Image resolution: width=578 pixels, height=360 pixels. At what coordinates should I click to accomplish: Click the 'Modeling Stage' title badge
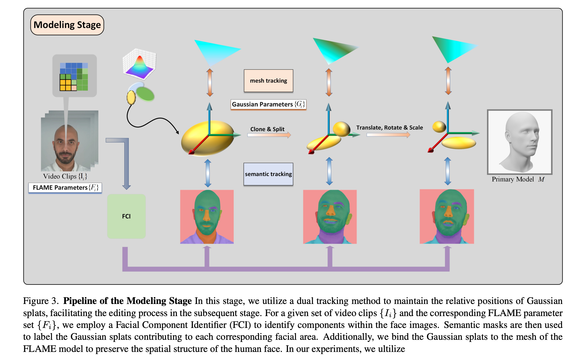[x=67, y=25]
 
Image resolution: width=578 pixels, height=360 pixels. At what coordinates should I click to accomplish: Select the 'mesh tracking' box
[x=268, y=81]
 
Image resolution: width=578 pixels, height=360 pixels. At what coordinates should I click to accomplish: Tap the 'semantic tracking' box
[x=268, y=174]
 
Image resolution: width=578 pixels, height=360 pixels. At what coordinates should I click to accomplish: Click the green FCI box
[x=126, y=216]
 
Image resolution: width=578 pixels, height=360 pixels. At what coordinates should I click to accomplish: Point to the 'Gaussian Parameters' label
[x=268, y=104]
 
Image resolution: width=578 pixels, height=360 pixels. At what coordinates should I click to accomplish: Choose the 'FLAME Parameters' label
[x=65, y=188]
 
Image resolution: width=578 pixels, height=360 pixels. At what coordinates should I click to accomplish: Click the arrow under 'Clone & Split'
[x=269, y=135]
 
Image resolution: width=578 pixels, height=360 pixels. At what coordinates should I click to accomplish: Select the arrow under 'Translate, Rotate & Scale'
[x=388, y=134]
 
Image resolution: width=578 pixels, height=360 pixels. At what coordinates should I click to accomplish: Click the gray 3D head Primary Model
[x=520, y=142]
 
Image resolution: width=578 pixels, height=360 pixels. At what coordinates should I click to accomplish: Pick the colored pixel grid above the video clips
[x=74, y=77]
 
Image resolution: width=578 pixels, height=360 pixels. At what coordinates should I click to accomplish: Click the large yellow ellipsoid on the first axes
[x=207, y=138]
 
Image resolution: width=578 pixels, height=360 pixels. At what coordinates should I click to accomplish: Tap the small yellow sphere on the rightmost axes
[x=439, y=126]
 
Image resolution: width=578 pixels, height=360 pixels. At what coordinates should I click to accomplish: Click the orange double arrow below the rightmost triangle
[x=448, y=81]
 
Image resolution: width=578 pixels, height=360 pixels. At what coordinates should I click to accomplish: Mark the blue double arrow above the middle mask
[x=329, y=171]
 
